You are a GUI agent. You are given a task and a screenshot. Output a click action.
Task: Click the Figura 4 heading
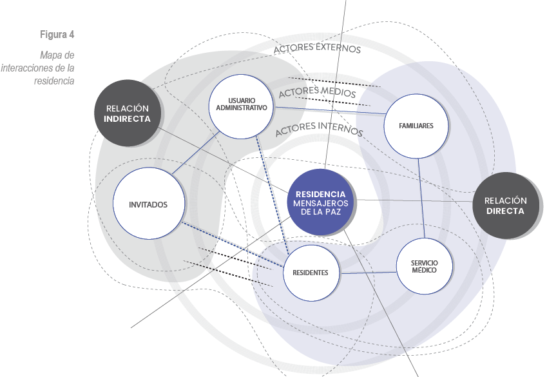pos(57,34)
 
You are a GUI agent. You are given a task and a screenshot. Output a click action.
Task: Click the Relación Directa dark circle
pos(505,206)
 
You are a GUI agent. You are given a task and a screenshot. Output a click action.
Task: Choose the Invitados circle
pos(148,205)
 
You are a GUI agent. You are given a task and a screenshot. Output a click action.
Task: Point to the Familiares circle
pos(416,126)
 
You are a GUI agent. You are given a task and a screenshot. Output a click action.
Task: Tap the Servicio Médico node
pos(424,266)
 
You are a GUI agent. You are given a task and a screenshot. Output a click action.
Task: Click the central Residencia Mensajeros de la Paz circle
pos(320,202)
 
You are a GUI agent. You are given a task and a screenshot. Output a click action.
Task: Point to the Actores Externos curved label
pos(317,48)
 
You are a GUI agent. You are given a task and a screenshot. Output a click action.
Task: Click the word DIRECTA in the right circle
pos(505,211)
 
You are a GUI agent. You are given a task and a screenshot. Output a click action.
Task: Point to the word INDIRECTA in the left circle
pos(127,119)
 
